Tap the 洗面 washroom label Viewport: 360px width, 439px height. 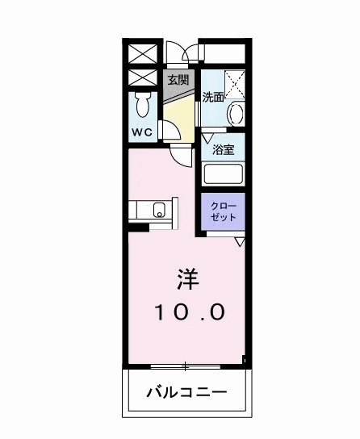pos(213,98)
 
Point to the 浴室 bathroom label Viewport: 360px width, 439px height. pos(224,149)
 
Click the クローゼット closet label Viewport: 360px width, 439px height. pos(224,211)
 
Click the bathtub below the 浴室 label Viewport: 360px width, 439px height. pos(224,174)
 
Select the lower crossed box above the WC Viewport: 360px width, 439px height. pos(142,79)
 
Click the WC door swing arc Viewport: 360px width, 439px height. pos(171,131)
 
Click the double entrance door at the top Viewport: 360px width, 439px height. pos(187,54)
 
